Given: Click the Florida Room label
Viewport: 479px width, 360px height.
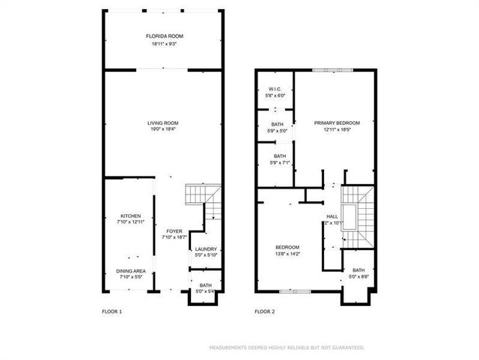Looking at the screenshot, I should [164, 36].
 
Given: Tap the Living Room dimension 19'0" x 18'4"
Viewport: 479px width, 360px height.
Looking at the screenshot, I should [162, 129].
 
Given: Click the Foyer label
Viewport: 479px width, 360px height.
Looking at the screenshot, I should [174, 231].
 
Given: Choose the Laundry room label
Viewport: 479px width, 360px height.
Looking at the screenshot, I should [206, 249].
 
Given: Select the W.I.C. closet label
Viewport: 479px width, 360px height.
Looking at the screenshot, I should [275, 89].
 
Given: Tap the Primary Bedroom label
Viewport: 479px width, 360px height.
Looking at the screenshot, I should [337, 123].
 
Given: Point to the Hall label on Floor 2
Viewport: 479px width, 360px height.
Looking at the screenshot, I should [332, 217].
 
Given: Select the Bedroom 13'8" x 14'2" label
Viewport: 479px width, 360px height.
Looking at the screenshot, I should [287, 248].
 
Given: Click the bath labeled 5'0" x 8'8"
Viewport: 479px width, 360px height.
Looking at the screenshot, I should [359, 271].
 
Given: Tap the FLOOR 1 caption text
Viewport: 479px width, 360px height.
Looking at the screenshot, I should [112, 311].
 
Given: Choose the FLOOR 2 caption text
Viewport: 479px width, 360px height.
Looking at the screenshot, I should [265, 311].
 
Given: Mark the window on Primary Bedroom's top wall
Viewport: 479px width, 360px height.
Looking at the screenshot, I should [332, 70].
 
